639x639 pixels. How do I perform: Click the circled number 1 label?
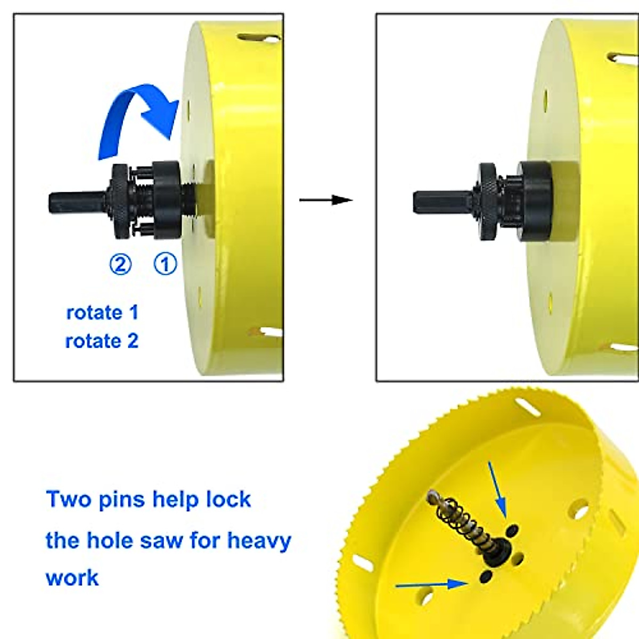pos(165,264)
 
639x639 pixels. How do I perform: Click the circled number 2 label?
pos(120,264)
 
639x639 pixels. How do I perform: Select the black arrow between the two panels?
pos(326,200)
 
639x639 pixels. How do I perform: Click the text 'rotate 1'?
pos(102,313)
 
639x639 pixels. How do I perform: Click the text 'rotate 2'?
pos(102,341)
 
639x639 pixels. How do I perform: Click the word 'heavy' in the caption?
pos(259,541)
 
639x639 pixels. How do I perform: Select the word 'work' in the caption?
pos(72,578)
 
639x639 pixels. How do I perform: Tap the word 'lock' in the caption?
pos(228,499)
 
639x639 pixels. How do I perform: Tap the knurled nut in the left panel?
pos(120,203)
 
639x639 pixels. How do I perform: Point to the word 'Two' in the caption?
pos(66,499)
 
